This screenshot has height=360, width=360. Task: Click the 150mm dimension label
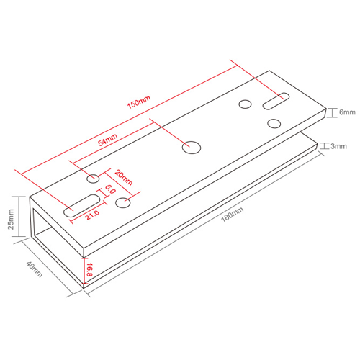click(x=138, y=103)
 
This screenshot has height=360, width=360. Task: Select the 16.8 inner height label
click(x=89, y=270)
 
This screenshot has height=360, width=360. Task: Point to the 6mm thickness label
click(x=348, y=113)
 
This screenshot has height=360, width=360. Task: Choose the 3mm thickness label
click(x=338, y=146)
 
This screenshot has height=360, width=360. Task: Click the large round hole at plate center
click(x=191, y=147)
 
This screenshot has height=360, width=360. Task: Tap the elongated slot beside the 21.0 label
click(x=81, y=205)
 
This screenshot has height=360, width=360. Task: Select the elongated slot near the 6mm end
click(x=276, y=102)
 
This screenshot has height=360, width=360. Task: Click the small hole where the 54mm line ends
click(x=94, y=178)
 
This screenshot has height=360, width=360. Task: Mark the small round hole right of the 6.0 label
click(x=123, y=202)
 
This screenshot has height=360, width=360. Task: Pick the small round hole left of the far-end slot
click(x=245, y=104)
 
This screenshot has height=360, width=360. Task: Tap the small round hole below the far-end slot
click(x=273, y=123)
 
